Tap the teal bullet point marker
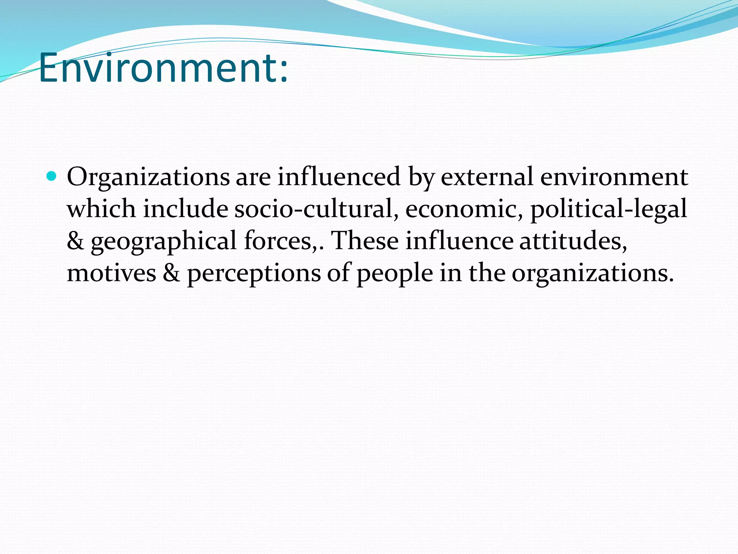click(52, 176)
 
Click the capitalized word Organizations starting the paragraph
click(148, 177)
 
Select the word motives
click(111, 273)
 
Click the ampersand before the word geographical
click(75, 241)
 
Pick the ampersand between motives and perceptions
click(171, 273)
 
